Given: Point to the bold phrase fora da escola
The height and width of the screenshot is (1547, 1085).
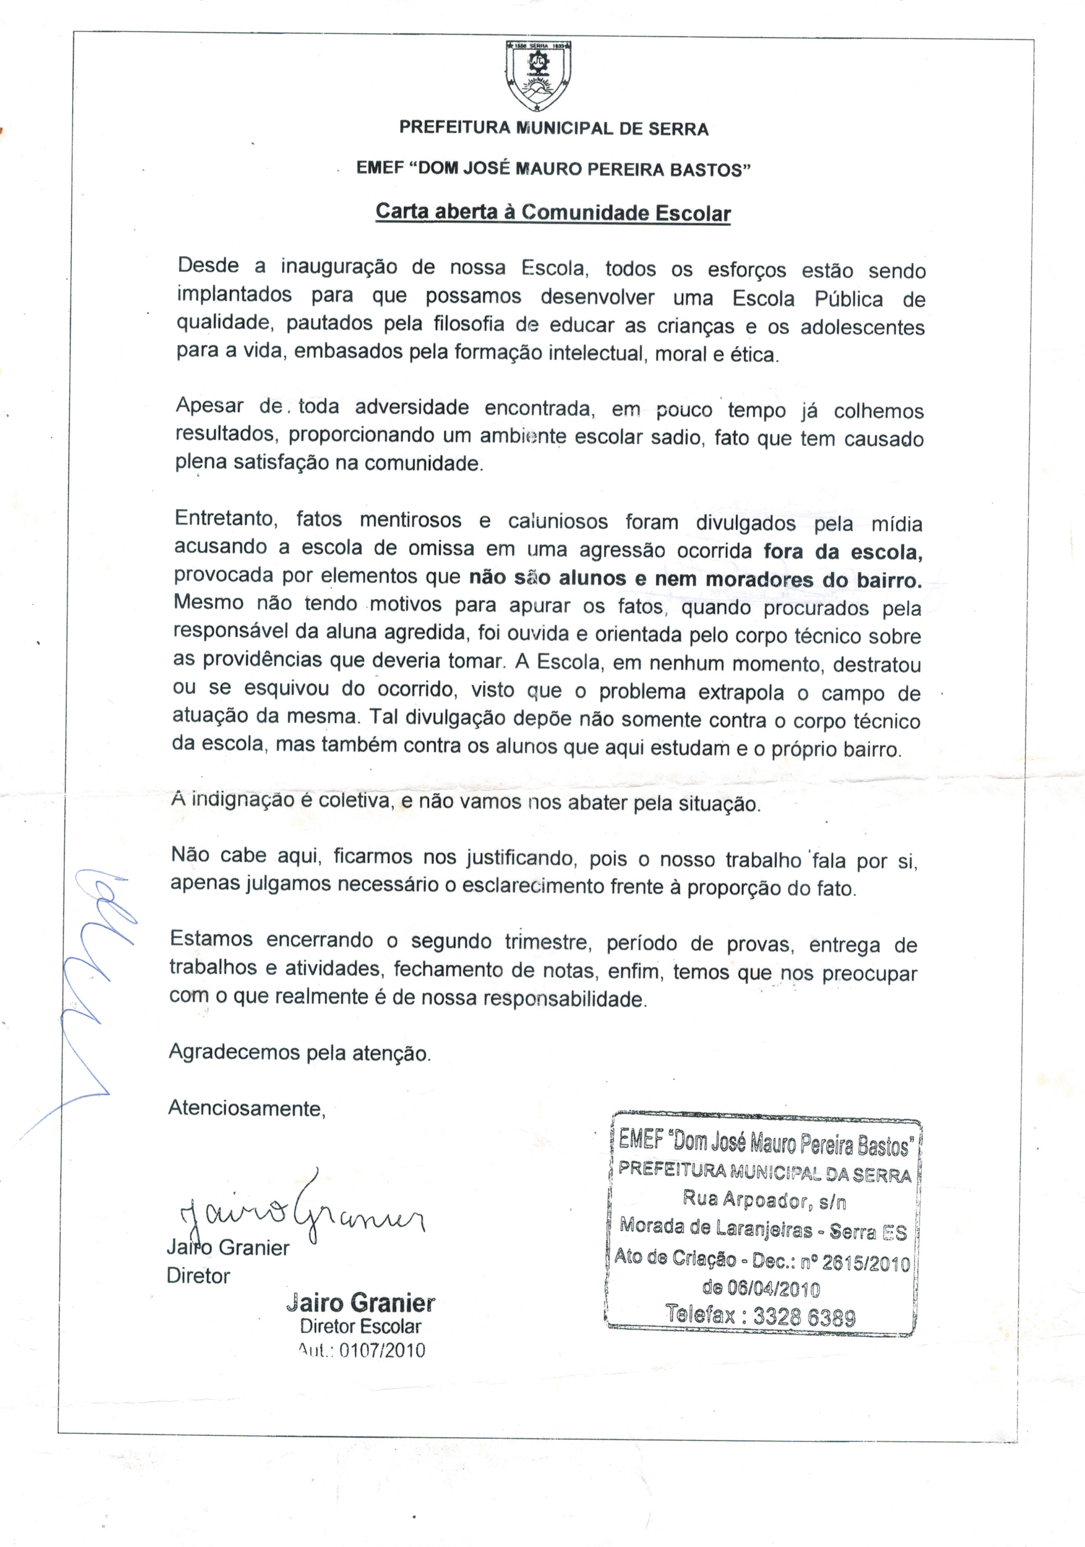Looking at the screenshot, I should pyautogui.click(x=842, y=552).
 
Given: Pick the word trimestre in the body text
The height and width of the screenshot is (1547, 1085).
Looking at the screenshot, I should pyautogui.click(x=548, y=942).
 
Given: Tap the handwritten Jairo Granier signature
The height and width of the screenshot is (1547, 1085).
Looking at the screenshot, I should pyautogui.click(x=300, y=1213).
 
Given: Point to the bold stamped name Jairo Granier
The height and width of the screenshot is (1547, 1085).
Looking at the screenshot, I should pyautogui.click(x=361, y=1303).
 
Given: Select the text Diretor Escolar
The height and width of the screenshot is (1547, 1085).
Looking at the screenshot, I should pyautogui.click(x=361, y=1326).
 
